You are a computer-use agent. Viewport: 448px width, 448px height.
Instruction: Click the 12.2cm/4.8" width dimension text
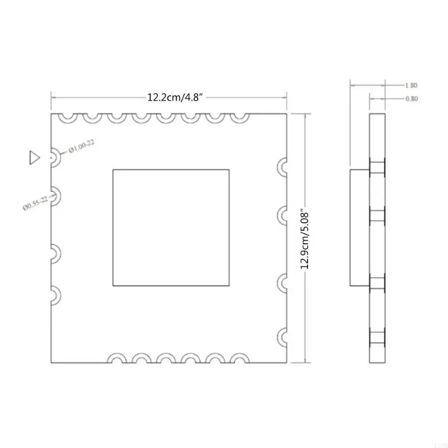[175, 97]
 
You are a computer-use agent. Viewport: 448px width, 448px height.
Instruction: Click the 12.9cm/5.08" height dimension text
[305, 240]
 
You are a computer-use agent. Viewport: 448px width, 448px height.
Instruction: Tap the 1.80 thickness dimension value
[410, 86]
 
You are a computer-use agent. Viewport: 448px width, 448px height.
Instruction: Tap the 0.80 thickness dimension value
[410, 99]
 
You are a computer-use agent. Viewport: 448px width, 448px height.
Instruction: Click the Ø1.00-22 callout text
[80, 148]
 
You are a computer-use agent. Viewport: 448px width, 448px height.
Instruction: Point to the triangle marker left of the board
[34, 157]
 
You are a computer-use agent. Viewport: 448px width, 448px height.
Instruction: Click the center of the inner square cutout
[171, 227]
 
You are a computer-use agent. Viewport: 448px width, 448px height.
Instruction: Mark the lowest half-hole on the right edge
[283, 337]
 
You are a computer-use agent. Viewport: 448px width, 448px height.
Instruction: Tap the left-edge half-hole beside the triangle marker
[55, 157]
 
